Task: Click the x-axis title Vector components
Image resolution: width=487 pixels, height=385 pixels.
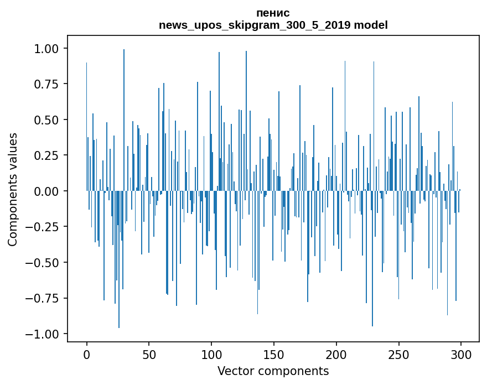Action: [x=273, y=371]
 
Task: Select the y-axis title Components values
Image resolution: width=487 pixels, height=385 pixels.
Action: [x=13, y=189]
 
